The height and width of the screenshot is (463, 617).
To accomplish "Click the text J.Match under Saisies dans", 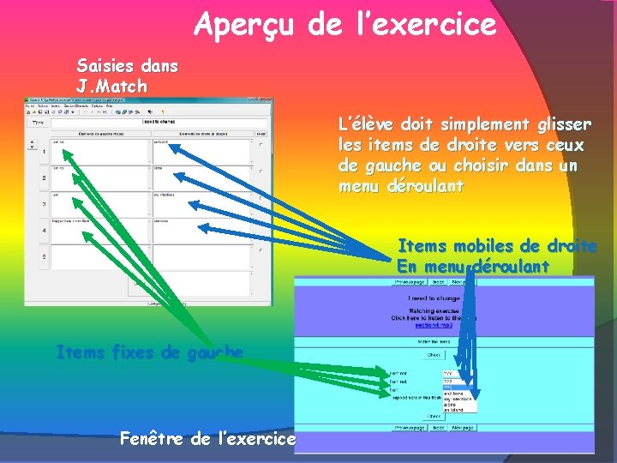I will pos(112,87).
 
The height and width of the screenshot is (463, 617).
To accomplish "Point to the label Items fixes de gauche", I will pos(149,352).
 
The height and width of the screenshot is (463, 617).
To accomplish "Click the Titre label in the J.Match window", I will pos(39,122).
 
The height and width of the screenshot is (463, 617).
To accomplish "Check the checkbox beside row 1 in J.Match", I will pos(261,145).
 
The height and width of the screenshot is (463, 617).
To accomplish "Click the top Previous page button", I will pos(410,281).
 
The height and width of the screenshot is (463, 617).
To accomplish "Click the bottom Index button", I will pos(437,426).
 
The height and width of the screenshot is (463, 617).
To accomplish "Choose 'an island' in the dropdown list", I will pos(453,409).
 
